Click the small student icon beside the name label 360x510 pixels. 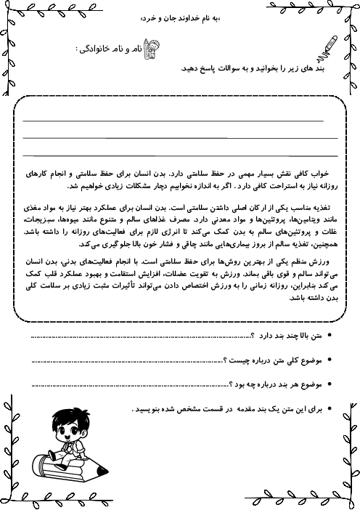pos(152,48)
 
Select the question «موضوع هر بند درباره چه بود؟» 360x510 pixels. pos(279,384)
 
